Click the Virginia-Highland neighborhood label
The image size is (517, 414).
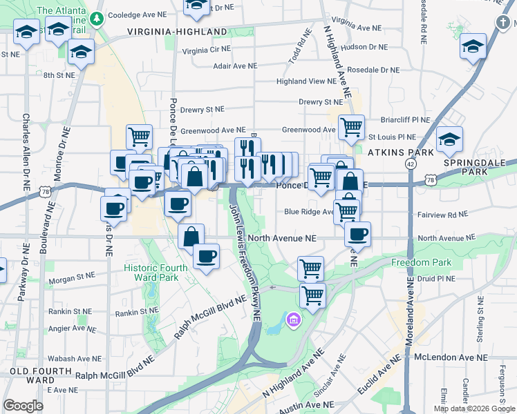click(x=177, y=32)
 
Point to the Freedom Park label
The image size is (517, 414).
click(x=421, y=262)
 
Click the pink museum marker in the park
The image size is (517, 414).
click(x=294, y=320)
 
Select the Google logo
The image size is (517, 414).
click(x=23, y=405)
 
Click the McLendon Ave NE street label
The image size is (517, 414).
click(x=451, y=357)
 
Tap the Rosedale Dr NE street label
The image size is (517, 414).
click(x=373, y=70)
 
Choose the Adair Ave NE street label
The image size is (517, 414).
click(x=235, y=66)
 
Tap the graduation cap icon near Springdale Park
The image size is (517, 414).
click(x=449, y=140)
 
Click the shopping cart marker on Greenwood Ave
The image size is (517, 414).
click(x=352, y=127)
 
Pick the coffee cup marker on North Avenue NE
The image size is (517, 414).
click(x=357, y=235)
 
